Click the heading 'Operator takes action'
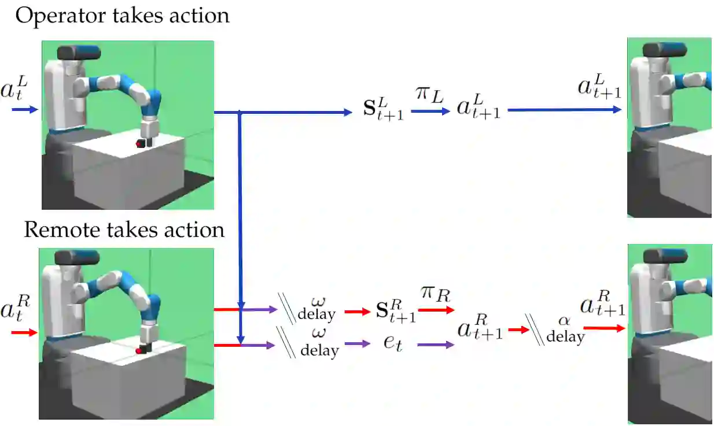[122, 16]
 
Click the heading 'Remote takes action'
[124, 230]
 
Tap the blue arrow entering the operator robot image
[25, 109]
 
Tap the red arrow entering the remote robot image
[24, 332]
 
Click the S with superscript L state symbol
[381, 109]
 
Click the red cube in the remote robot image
[139, 350]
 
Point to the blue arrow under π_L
[430, 112]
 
